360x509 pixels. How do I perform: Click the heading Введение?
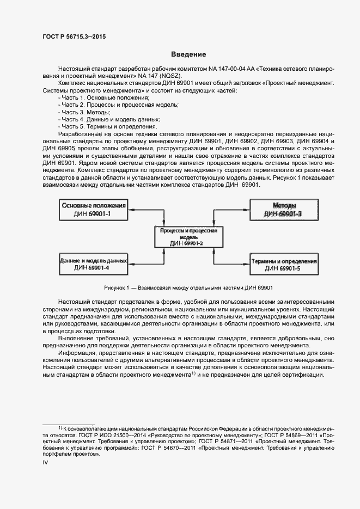[188, 54]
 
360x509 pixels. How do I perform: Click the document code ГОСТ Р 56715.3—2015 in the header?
[74, 36]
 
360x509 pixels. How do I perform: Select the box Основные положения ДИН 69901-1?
[94, 210]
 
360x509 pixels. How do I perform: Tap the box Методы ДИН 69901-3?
[283, 210]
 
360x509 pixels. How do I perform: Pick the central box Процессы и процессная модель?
[188, 237]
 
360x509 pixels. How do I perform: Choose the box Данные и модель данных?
[94, 264]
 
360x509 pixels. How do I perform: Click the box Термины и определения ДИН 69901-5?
[283, 265]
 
